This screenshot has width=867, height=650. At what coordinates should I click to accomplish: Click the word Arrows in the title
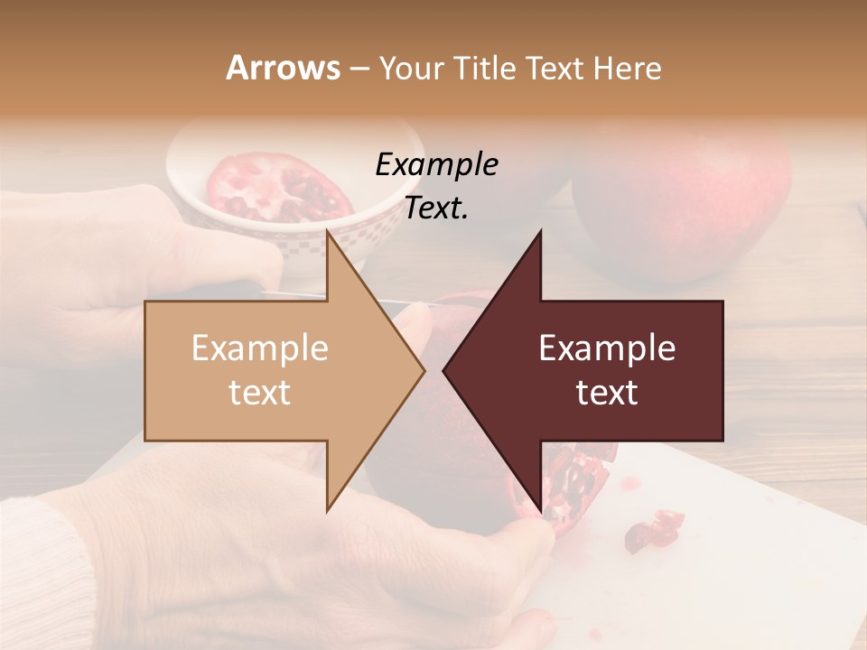(283, 68)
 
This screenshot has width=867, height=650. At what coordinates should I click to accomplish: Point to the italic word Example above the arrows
(436, 164)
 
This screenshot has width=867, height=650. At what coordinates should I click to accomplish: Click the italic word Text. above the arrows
(436, 208)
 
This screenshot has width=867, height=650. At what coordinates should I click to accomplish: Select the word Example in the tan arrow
(259, 348)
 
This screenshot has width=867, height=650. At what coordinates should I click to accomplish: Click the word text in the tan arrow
(259, 393)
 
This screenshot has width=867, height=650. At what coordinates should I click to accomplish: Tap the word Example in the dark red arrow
(607, 348)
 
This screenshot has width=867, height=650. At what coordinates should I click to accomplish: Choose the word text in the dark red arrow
(607, 393)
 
